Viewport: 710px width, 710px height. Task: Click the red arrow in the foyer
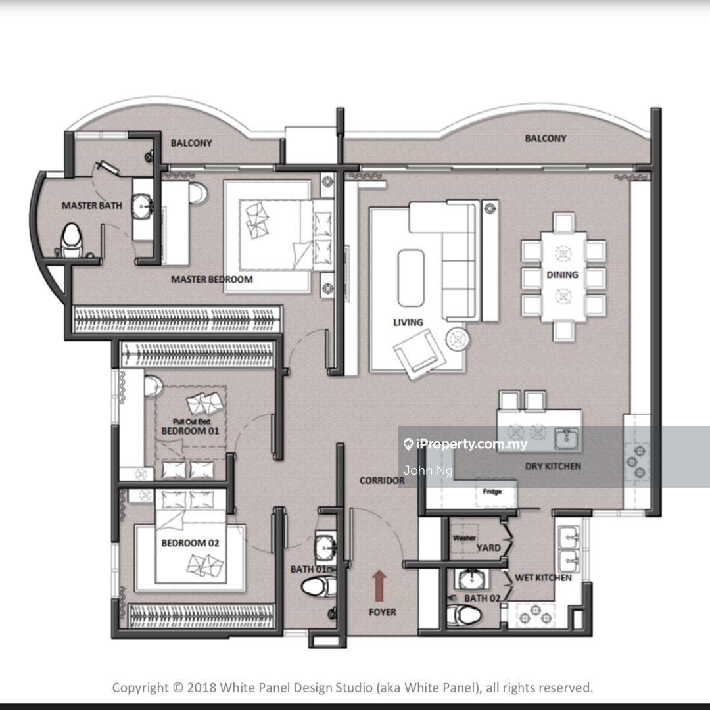tap(379, 586)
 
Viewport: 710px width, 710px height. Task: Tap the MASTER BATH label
tap(92, 206)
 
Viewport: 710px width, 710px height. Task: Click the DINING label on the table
tap(562, 275)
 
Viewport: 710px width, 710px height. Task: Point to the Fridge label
tap(492, 492)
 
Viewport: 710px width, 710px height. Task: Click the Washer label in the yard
tap(464, 538)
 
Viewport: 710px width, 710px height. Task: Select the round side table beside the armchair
tap(458, 339)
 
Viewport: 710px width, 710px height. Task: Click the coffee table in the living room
tap(411, 278)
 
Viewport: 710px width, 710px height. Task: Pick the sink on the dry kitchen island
tap(567, 439)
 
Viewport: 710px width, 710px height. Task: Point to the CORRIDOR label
tap(382, 481)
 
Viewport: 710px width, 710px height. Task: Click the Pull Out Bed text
tap(191, 421)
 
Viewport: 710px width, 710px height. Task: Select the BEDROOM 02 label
tap(190, 543)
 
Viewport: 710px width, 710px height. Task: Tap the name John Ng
tap(428, 471)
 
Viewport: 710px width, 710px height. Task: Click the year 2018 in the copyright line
tap(202, 688)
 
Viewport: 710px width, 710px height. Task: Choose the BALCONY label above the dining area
tap(545, 139)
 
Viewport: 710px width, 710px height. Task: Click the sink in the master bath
tap(143, 206)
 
